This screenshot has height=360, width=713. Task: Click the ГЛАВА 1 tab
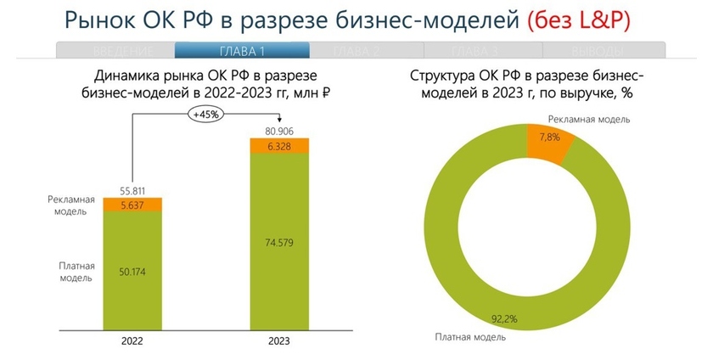click(x=241, y=51)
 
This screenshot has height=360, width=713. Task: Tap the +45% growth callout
click(x=207, y=114)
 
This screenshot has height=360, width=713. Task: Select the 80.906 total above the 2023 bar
click(x=279, y=131)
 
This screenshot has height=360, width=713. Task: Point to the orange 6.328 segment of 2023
click(x=279, y=146)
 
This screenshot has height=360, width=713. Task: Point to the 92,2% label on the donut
click(x=524, y=321)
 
